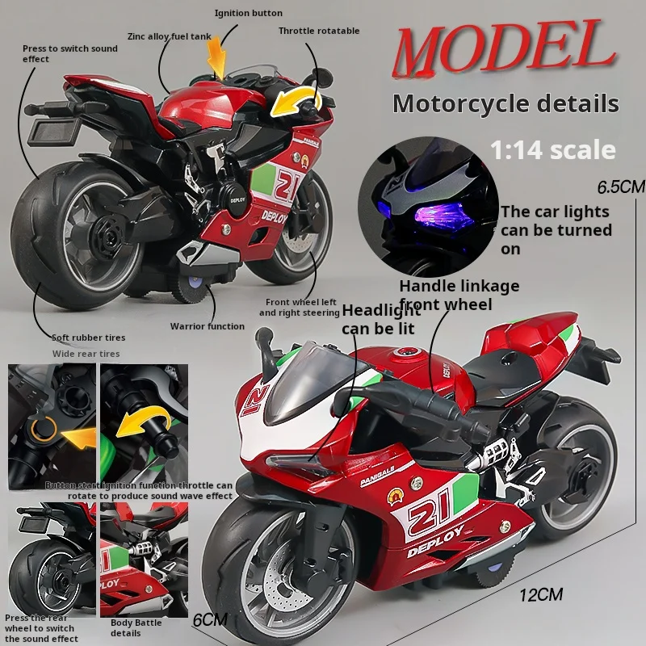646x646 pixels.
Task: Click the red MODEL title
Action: click(504, 48)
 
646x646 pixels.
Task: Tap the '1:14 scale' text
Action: click(553, 150)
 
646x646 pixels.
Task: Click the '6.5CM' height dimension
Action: click(621, 187)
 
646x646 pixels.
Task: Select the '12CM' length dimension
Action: click(541, 594)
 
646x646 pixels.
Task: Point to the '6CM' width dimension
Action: click(210, 619)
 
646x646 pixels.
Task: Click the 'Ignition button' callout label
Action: click(249, 13)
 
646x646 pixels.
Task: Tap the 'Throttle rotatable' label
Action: click(319, 31)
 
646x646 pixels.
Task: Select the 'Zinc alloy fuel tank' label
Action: click(170, 36)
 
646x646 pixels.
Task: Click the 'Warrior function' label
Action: click(208, 326)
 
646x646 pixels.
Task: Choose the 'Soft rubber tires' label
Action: click(89, 338)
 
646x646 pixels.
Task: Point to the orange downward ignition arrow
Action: click(217, 57)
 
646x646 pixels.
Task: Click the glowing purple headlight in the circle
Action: click(438, 215)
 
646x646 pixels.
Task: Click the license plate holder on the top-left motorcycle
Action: click(52, 131)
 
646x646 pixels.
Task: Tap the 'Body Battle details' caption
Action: click(136, 627)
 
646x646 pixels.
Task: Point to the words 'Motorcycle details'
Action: click(505, 103)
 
